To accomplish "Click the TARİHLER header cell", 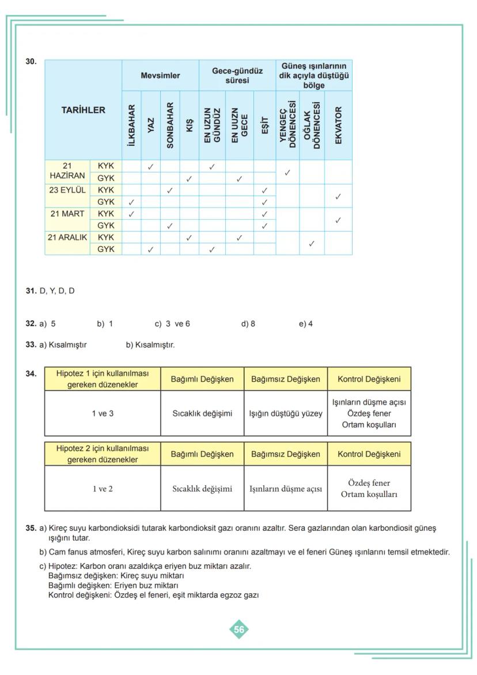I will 84,110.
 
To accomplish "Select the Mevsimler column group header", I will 160,76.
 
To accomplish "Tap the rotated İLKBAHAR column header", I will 131,126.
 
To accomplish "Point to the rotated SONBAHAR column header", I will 170,126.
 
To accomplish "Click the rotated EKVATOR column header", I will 338,126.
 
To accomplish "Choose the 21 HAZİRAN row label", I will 67,172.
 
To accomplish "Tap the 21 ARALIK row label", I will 67,237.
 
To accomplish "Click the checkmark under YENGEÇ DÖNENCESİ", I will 287,172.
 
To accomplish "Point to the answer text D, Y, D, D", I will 56,291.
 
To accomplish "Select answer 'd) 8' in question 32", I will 248,324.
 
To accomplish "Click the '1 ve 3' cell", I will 103,413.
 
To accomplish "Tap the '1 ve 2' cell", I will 103,489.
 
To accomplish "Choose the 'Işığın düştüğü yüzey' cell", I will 286,413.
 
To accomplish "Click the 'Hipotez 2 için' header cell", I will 103,454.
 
